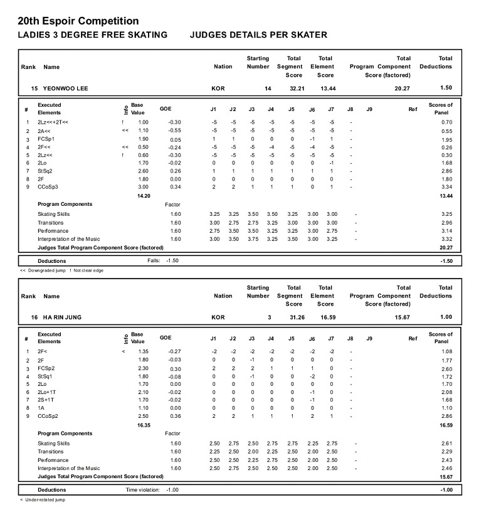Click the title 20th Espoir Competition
pos(78,22)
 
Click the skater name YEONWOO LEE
pos(65,88)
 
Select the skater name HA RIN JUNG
pos(62,317)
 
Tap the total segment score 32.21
pos(297,88)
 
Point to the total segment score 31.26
pos(297,317)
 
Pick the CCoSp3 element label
pos(48,186)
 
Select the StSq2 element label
pos(46,171)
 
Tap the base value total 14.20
pos(143,196)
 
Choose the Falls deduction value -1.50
pos(173,260)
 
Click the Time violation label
pos(143,489)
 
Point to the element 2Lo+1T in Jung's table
pos(46,392)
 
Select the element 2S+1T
pos(46,400)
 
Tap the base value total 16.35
pos(143,425)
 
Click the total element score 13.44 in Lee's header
pos(328,88)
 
